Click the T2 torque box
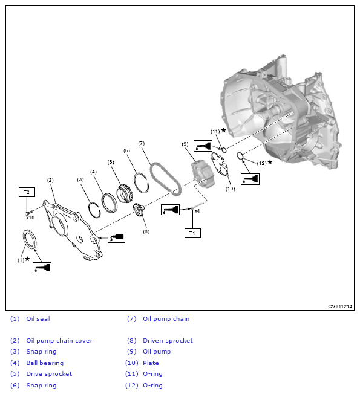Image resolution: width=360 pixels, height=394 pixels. (27, 192)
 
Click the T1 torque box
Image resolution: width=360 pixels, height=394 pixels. (192, 233)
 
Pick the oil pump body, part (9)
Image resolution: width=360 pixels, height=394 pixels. (203, 173)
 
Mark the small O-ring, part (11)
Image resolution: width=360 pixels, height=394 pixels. (224, 150)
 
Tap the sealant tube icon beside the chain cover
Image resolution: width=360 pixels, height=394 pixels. (117, 237)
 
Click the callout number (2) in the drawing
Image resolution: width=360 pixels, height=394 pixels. (50, 180)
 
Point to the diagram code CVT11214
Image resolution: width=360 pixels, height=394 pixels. (340, 306)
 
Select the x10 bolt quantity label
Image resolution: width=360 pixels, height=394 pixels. (30, 218)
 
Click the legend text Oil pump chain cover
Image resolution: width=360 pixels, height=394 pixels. (59, 340)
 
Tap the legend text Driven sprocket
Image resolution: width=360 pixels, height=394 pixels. (168, 340)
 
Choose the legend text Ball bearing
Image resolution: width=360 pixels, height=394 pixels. (45, 363)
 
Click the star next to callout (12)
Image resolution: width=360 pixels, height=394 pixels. (270, 162)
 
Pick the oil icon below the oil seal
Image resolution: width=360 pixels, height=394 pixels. (42, 268)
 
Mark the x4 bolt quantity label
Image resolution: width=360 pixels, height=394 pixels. (197, 211)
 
